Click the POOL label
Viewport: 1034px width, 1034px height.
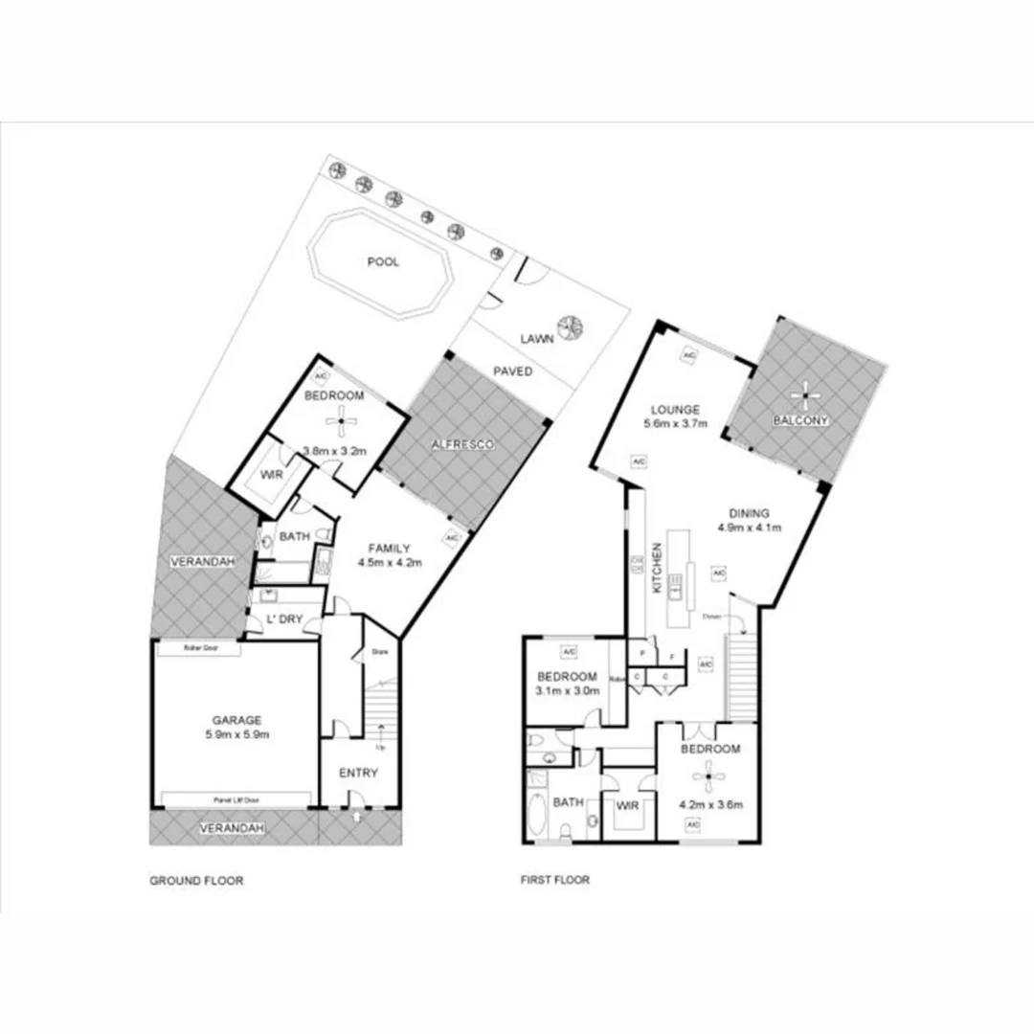point(383,262)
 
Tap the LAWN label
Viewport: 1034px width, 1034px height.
point(536,338)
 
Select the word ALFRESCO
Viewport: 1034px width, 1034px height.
point(461,445)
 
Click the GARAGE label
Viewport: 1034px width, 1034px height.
point(236,721)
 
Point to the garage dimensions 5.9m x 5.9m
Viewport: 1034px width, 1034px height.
point(236,735)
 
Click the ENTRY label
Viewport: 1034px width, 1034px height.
point(358,773)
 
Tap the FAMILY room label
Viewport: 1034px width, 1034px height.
point(390,549)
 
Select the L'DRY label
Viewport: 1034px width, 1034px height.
point(285,620)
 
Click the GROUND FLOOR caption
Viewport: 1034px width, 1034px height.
point(196,880)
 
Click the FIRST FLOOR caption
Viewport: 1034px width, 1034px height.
point(556,880)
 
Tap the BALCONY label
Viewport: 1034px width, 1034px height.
point(801,420)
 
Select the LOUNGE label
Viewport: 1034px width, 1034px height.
point(677,409)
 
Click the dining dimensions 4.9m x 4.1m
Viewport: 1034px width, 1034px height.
point(749,528)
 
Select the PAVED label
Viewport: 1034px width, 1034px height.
point(513,371)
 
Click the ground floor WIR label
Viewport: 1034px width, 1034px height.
point(270,474)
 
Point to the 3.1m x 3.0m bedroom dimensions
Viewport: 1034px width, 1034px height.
point(567,690)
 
